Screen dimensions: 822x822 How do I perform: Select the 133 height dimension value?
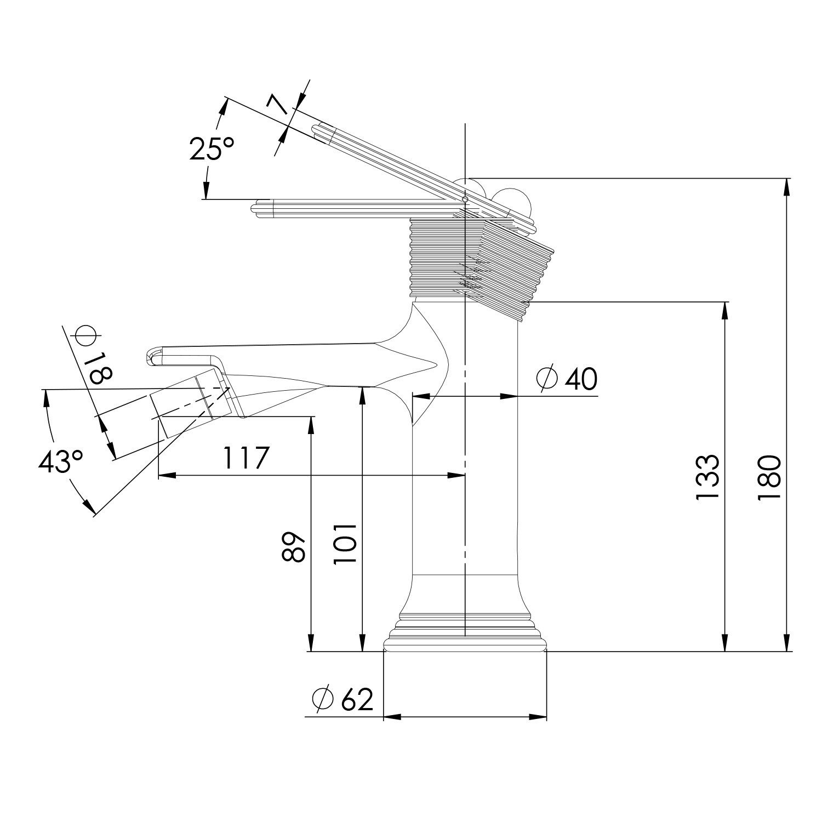tap(707, 477)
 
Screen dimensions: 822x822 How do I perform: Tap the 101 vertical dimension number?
tap(346, 543)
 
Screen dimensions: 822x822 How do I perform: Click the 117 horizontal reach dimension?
tap(247, 457)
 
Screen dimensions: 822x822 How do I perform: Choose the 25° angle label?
tap(212, 148)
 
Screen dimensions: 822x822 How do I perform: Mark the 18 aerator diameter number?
tap(100, 368)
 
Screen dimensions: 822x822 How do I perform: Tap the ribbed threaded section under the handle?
tap(466, 258)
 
